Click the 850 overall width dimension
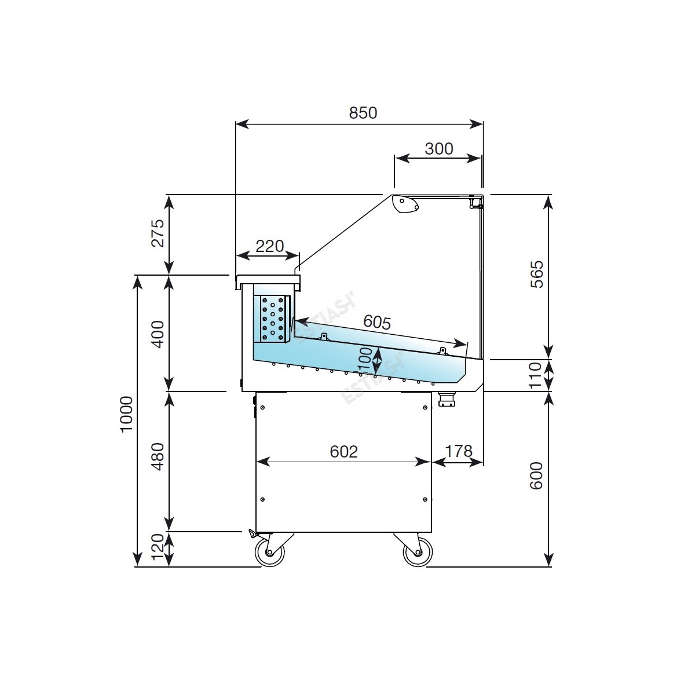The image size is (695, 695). point(363,113)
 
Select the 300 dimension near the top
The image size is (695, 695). point(438,149)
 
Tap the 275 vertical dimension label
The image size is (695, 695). point(158,233)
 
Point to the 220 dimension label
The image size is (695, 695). point(270,246)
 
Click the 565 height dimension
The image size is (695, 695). point(537,274)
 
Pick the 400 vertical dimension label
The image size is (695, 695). point(158,334)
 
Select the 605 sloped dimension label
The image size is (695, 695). point(377,321)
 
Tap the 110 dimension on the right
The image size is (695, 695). point(535,375)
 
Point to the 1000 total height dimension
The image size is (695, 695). point(127,415)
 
